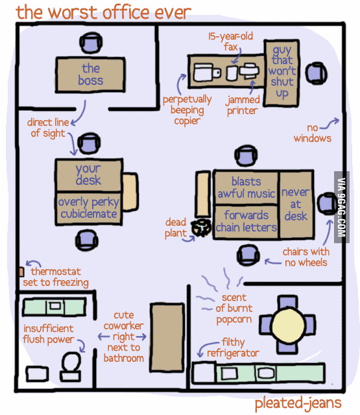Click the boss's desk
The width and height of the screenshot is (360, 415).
coord(90,75)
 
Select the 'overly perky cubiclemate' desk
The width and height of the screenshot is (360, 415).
coord(88,208)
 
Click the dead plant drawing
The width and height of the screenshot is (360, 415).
coord(198,228)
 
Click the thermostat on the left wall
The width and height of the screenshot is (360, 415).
coord(21,271)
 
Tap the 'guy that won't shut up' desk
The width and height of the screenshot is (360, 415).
coord(282,71)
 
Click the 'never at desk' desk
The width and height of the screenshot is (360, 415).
coord(296,204)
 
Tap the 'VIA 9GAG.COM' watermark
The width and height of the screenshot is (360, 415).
coord(339,207)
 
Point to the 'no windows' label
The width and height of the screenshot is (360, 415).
coord(312,133)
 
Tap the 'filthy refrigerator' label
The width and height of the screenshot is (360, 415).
coord(233,348)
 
